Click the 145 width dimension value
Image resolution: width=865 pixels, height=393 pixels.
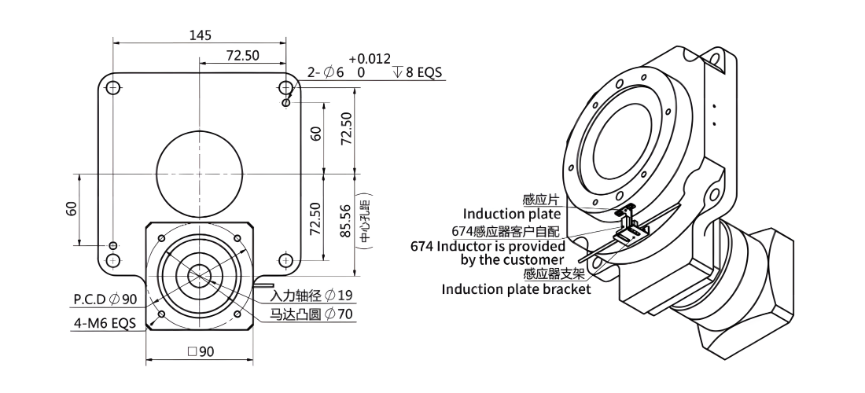click(x=201, y=35)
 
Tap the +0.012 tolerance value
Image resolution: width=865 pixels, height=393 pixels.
click(x=370, y=59)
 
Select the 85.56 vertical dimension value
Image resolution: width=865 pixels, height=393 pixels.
click(x=345, y=221)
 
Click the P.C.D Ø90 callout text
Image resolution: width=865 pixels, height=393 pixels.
click(x=105, y=299)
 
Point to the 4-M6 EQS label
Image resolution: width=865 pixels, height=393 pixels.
click(x=105, y=323)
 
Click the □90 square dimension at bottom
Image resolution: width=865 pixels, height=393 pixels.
click(x=201, y=351)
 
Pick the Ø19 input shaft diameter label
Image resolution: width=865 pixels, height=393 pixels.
click(x=338, y=296)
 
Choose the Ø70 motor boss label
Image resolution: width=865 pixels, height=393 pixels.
click(x=338, y=314)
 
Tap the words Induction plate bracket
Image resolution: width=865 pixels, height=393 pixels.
click(x=516, y=288)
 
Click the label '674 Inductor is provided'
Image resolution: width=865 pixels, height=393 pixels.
click(x=488, y=246)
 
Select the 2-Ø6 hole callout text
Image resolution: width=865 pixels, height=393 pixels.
click(x=326, y=72)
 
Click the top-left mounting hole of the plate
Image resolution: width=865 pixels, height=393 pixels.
click(x=113, y=87)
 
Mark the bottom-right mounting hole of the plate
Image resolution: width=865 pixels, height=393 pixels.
click(x=285, y=260)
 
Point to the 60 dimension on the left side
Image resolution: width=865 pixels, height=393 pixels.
click(x=72, y=208)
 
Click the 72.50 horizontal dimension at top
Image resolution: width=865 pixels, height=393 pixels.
click(x=243, y=55)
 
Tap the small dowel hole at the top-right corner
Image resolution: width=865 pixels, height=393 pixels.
click(x=285, y=103)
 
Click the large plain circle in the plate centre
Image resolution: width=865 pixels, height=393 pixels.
click(x=200, y=174)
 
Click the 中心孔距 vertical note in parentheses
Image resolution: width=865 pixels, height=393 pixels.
click(x=365, y=221)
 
